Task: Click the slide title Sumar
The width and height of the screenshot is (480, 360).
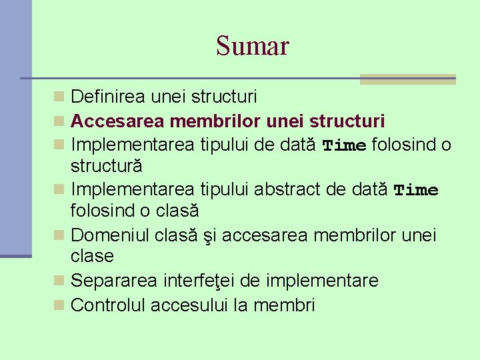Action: pos(253,46)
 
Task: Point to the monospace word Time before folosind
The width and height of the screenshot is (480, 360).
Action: pos(344,145)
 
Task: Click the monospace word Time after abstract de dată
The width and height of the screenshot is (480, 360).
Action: pos(416,191)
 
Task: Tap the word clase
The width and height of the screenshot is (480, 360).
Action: pos(93,256)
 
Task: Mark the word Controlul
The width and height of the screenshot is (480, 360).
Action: pos(109,305)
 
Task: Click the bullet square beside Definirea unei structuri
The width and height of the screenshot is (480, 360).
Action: pos(59,97)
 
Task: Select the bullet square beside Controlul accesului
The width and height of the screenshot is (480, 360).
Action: pos(59,305)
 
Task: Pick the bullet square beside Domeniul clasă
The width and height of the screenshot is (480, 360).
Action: pos(59,235)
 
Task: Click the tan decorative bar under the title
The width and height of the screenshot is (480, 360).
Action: pos(407,79)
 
